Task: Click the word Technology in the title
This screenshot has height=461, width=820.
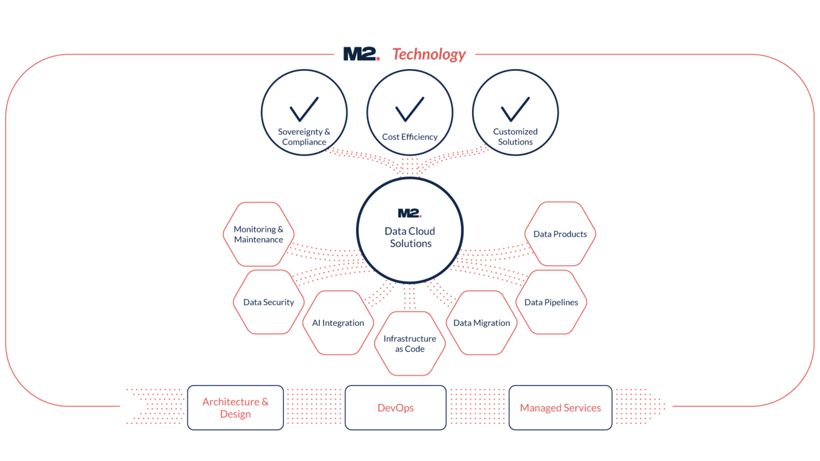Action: pos(429,55)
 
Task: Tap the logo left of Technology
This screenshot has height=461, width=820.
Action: pos(360,55)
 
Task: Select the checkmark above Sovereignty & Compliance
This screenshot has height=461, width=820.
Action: pos(304,109)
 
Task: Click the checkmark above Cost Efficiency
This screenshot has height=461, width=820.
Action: pos(410,109)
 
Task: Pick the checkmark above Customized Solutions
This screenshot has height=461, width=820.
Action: pos(516,109)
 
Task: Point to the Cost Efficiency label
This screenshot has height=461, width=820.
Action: pos(410,137)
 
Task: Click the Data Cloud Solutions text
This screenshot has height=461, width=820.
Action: pos(410,237)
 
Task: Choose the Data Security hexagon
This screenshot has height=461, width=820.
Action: pos(268,303)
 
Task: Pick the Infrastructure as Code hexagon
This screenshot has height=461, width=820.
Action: pos(409,344)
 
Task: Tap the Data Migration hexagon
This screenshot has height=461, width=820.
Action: pos(481,323)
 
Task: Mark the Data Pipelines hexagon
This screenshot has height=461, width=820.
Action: pos(551,303)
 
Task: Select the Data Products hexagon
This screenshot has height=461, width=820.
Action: pos(560,234)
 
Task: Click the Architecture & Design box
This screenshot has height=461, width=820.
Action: pos(235,408)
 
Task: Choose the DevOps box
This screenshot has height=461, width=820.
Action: pos(396,408)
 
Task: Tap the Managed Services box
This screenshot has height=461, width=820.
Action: pos(560,408)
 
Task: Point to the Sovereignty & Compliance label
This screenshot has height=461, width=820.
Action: pos(304,137)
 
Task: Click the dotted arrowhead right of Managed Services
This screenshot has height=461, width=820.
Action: pos(652,407)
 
